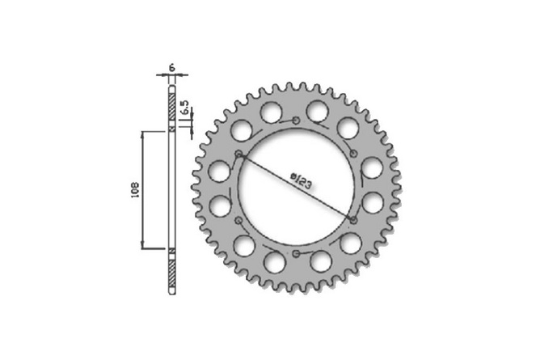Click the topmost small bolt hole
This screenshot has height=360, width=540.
[297, 121]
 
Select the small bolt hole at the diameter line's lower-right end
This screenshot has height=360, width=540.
[355, 220]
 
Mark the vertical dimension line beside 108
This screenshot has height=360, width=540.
[144, 188]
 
